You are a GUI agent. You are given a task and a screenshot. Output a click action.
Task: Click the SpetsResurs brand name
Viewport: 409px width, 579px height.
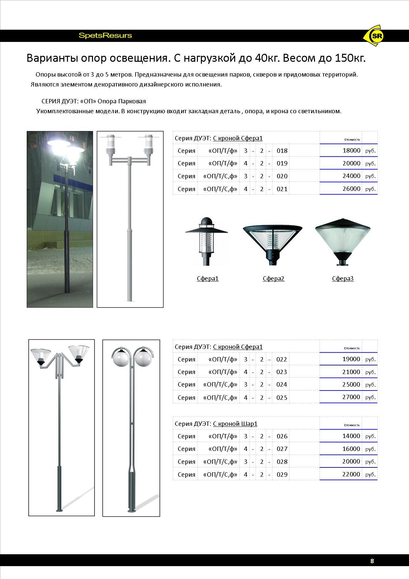105,36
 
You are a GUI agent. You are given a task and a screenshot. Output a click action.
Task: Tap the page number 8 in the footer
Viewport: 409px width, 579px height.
372,561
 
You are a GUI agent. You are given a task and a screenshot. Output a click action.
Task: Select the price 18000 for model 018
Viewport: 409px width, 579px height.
351,151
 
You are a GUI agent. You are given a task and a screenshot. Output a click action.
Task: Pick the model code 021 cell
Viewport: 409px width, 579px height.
282,189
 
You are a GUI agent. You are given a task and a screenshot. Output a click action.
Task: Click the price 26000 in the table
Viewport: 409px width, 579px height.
351,188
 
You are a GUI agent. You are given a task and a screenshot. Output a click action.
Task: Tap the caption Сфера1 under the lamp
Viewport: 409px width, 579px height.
207,279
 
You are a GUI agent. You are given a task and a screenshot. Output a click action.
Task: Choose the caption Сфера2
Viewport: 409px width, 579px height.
273,279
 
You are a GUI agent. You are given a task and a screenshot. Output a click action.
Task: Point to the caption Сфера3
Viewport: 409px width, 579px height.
343,279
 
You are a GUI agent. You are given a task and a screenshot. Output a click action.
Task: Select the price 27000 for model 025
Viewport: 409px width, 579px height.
351,397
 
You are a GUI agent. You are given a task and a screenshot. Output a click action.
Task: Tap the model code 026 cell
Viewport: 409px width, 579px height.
282,436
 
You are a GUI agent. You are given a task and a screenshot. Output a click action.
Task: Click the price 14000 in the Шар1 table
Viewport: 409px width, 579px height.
351,436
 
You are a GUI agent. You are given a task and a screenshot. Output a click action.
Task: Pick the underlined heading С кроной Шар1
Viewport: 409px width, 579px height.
235,424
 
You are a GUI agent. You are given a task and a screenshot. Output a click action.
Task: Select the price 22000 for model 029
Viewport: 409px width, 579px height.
351,474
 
